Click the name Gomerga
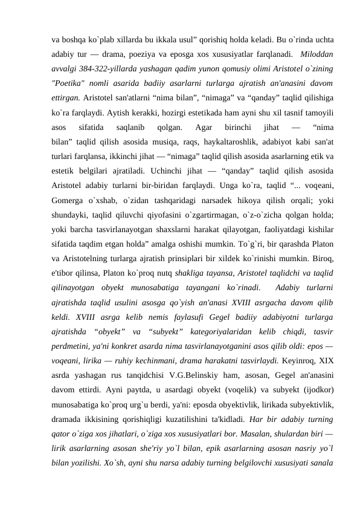tap(71, 184)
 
